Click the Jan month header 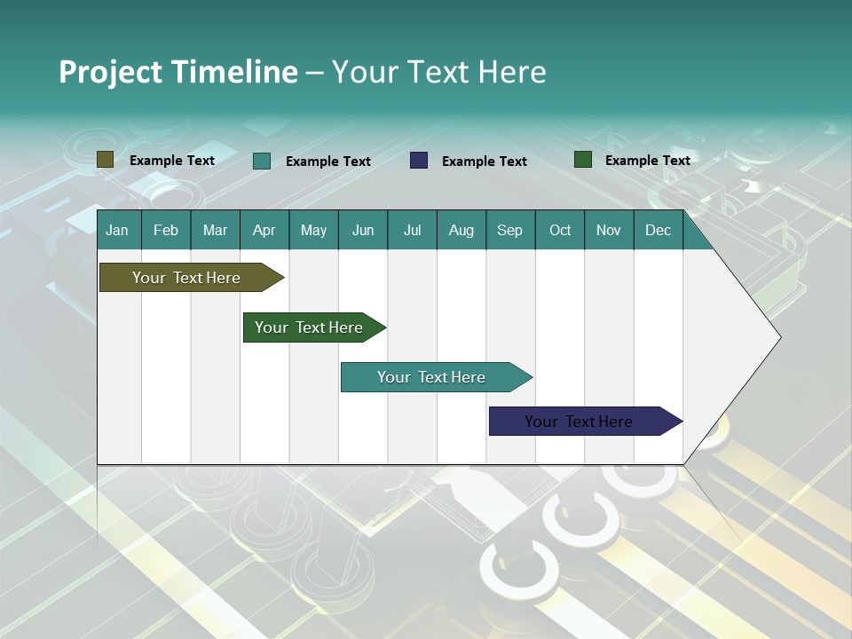[x=117, y=230]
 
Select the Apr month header [x=264, y=230]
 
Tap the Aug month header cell [x=461, y=230]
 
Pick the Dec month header [x=658, y=230]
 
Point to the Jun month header [x=362, y=230]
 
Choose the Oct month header [x=559, y=230]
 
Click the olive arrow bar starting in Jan [x=187, y=278]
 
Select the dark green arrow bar [x=310, y=327]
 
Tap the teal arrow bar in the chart [x=432, y=377]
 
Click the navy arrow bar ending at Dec [x=580, y=422]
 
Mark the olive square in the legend [x=106, y=160]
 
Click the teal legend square [x=262, y=161]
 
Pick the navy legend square [x=419, y=161]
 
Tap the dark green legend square [x=583, y=160]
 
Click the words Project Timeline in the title [x=177, y=72]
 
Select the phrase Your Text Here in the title [x=438, y=72]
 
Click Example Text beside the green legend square [x=647, y=160]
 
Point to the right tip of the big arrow [x=779, y=336]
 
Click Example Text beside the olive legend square [x=171, y=160]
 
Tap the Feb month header [x=166, y=230]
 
